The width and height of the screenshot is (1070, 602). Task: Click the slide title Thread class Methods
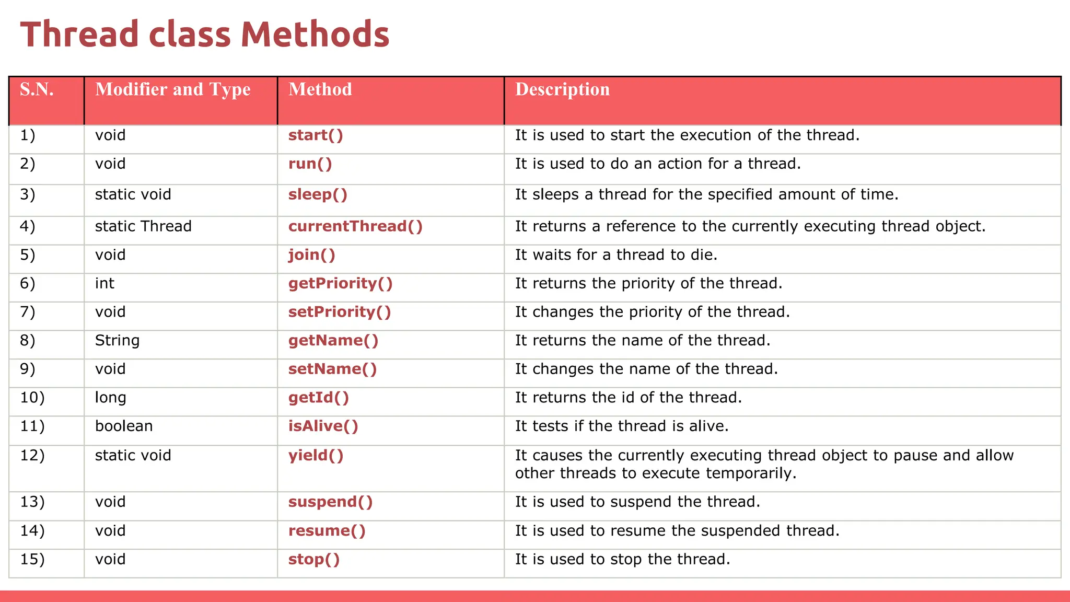pos(205,34)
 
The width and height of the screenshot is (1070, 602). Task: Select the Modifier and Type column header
pos(172,89)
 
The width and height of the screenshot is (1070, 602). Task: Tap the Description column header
pos(562,89)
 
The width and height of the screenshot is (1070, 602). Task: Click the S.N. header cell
pos(37,89)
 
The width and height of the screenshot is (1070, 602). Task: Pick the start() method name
pos(316,135)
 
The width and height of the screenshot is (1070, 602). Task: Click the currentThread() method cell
pos(355,226)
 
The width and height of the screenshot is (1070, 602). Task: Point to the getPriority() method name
pos(340,284)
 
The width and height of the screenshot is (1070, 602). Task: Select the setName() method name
pos(332,369)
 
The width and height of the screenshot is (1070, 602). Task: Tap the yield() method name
pos(316,456)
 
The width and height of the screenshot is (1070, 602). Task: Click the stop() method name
pos(314,560)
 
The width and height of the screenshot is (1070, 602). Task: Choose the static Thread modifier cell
pos(143,226)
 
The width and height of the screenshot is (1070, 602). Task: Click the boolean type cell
pos(124,426)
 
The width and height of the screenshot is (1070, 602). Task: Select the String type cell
pos(117,341)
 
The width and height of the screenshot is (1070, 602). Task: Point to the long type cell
pos(110,398)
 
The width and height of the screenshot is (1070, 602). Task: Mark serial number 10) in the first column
pos(32,398)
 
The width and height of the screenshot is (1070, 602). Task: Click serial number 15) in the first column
pos(32,560)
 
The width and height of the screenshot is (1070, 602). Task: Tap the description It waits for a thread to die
pos(616,255)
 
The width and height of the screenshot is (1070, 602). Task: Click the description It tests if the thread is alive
pos(622,426)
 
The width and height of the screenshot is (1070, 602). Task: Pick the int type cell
pos(104,284)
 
